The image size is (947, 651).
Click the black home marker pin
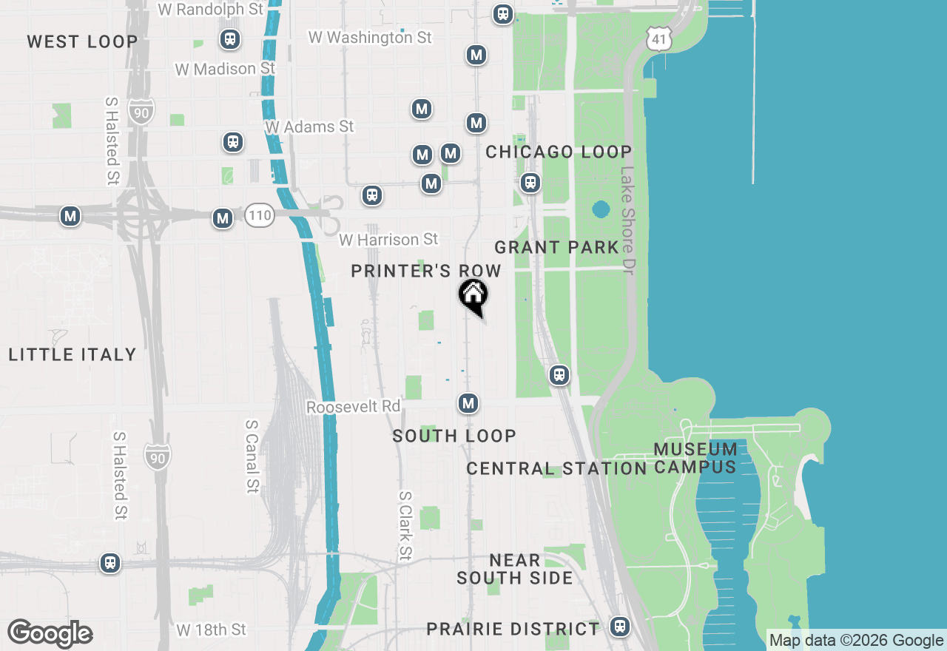[x=473, y=296]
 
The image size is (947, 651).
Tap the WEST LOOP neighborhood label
[x=82, y=42]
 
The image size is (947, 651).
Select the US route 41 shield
[x=658, y=39]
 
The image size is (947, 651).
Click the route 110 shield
[x=260, y=216]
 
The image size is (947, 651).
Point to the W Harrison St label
[x=388, y=240]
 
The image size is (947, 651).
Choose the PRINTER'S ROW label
[x=426, y=271]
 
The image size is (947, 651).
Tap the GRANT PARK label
[x=556, y=247]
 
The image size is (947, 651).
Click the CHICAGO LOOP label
[x=559, y=152]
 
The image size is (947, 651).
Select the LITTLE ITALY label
[x=73, y=355]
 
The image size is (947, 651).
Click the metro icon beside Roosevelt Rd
[x=468, y=403]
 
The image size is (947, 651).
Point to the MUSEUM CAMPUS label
[x=695, y=458]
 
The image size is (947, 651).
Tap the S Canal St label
[x=252, y=456]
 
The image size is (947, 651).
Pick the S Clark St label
[x=405, y=525]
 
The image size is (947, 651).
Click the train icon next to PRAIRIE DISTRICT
[x=620, y=627]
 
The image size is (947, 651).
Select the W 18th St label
[x=212, y=630]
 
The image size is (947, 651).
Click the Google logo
[x=50, y=634]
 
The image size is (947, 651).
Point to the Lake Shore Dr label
[x=628, y=220]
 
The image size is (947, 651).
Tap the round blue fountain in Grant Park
[x=601, y=209]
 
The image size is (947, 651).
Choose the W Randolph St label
[x=211, y=10]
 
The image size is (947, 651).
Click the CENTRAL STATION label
[x=556, y=469]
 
